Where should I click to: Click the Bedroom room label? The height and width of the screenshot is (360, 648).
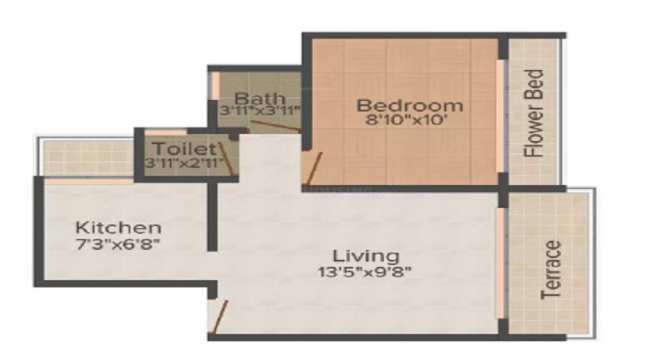pyautogui.click(x=410, y=106)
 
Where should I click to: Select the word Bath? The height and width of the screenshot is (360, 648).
pyautogui.click(x=259, y=98)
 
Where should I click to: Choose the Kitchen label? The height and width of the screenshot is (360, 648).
pyautogui.click(x=119, y=228)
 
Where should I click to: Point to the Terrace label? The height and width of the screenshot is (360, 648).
pyautogui.click(x=551, y=270)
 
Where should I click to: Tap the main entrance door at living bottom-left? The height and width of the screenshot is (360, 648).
pyautogui.click(x=219, y=317)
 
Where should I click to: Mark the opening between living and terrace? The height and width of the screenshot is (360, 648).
pyautogui.click(x=499, y=263)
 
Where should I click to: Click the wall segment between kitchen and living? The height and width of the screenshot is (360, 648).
pyautogui.click(x=212, y=216)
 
